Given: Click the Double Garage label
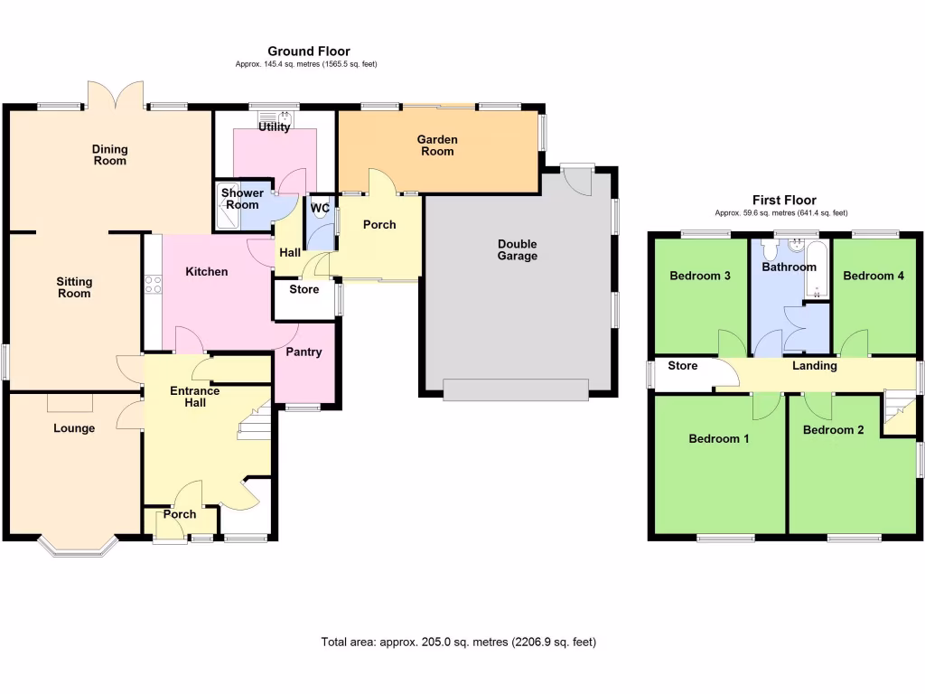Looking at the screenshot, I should (517, 250).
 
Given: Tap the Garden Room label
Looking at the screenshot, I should (436, 145).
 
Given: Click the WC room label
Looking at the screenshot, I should (319, 209).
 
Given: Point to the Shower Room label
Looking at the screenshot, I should (242, 199).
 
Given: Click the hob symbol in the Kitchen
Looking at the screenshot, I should (153, 285).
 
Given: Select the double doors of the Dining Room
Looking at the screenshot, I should (116, 94).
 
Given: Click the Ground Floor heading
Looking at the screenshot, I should (308, 52).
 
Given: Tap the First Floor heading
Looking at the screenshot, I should (784, 201).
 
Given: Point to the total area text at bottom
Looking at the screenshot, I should (458, 642).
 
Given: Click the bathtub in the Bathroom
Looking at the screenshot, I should (816, 268).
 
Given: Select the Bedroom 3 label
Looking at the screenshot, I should (700, 277).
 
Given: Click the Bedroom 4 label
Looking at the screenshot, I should (873, 277).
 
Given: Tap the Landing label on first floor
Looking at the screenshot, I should (814, 366).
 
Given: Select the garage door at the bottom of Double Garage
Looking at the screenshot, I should (516, 389).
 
